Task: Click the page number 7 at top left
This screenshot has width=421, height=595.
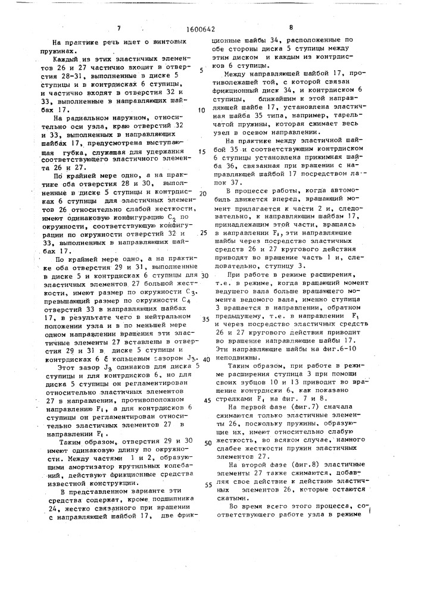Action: (119, 27)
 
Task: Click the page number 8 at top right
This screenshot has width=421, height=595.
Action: (291, 27)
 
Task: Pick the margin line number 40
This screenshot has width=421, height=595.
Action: (205, 360)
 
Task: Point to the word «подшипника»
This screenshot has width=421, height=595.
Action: (168, 493)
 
